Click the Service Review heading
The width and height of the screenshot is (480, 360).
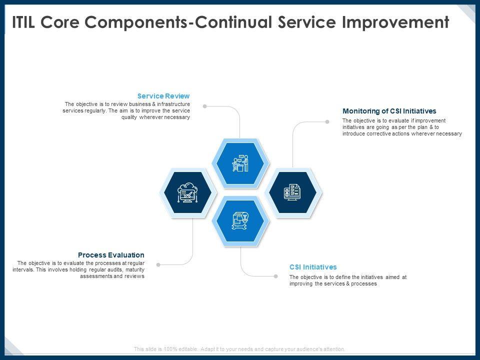click(163, 96)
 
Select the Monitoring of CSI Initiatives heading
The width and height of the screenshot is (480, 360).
click(389, 111)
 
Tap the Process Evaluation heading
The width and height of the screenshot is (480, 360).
click(111, 255)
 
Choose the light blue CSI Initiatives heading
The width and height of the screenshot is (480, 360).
click(313, 267)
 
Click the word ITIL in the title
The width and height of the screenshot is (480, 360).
click(23, 22)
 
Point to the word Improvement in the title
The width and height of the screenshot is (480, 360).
click(395, 22)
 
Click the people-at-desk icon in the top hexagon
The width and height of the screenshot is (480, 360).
click(240, 163)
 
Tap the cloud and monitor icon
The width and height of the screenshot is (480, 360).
click(187, 192)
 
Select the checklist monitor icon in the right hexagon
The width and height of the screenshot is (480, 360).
click(292, 192)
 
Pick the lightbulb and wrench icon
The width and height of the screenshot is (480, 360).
click(240, 220)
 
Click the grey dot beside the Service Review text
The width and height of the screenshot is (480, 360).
click(205, 106)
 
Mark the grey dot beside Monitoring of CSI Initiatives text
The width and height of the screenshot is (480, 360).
click(327, 121)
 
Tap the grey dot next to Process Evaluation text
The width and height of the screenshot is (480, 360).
click(158, 265)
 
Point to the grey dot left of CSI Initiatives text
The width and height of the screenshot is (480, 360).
click(276, 276)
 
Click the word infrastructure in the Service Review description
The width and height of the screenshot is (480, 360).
click(173, 104)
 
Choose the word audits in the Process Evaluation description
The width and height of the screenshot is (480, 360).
click(115, 269)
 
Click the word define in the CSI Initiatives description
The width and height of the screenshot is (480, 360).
click(343, 277)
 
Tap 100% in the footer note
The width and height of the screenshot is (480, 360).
click(170, 349)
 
